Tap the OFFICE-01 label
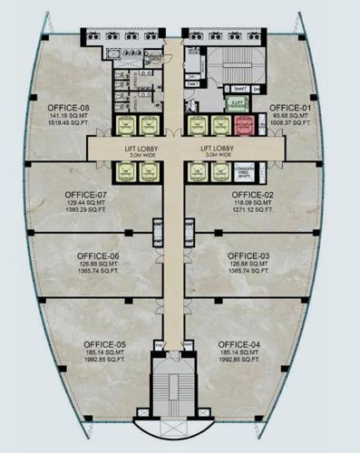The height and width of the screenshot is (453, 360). pos(290,108)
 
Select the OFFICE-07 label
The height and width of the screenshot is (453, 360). pos(87,194)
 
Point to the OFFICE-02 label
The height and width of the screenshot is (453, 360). pos(251,195)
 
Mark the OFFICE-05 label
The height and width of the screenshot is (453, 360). pos(105,344)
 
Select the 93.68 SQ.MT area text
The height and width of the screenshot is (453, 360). pos(290,116)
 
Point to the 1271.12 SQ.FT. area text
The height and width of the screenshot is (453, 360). pos(251,210)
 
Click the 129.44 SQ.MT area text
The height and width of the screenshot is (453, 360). pos(87,202)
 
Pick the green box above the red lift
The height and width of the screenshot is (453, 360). pos(239,104)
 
